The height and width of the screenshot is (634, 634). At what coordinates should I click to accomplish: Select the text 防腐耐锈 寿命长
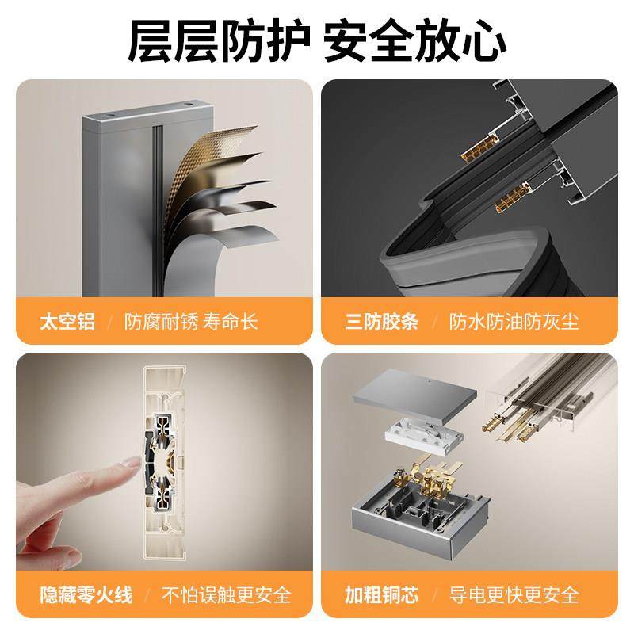[x=191, y=323]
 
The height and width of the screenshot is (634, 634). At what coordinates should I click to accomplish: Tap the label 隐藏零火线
[x=86, y=594]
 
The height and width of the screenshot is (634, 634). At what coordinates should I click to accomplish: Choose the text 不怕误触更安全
[x=227, y=594]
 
